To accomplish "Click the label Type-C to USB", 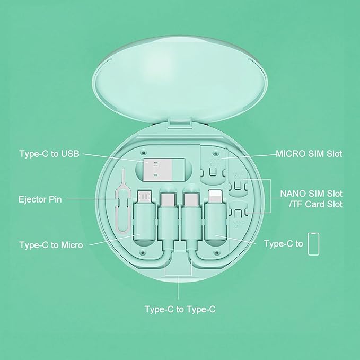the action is [x=49, y=154].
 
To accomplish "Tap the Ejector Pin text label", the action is [x=40, y=199].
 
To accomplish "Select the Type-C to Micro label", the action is [x=51, y=245].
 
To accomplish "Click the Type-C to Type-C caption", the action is [x=180, y=309].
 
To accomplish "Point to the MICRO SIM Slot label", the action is [x=309, y=154].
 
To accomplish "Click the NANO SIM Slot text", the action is [x=311, y=194].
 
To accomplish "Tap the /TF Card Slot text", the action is [x=315, y=204].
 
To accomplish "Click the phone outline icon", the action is [x=313, y=244].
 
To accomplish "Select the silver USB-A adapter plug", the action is [x=157, y=169].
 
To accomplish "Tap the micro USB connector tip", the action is [x=144, y=196].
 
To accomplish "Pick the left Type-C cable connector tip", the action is [x=168, y=200].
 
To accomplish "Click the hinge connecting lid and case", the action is [x=180, y=124].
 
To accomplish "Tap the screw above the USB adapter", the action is [x=144, y=152].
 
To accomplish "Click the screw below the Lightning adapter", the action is [x=216, y=253].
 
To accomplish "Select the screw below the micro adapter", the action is [x=143, y=253].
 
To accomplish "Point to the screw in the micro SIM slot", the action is [x=215, y=152].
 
